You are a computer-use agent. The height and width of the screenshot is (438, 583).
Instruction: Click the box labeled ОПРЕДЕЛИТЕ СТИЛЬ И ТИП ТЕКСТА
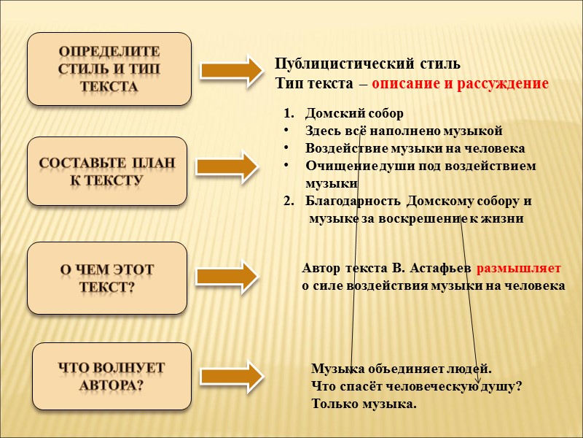109,69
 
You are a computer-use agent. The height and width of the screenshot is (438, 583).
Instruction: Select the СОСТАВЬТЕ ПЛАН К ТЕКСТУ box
107,171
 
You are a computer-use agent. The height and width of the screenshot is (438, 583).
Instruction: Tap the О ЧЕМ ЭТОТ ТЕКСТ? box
107,278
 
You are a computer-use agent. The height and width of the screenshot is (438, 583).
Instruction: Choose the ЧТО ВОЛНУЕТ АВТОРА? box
111,376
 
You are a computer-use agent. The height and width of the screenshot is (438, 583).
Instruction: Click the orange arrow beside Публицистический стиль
232,70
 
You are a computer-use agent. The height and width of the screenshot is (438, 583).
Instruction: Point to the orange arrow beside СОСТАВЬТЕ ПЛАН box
232,167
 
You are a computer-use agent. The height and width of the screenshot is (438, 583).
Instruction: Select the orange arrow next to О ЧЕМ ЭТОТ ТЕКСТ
232,274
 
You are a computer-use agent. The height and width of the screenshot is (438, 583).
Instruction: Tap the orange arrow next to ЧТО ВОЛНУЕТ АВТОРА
232,376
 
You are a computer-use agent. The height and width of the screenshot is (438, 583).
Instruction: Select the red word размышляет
518,268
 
